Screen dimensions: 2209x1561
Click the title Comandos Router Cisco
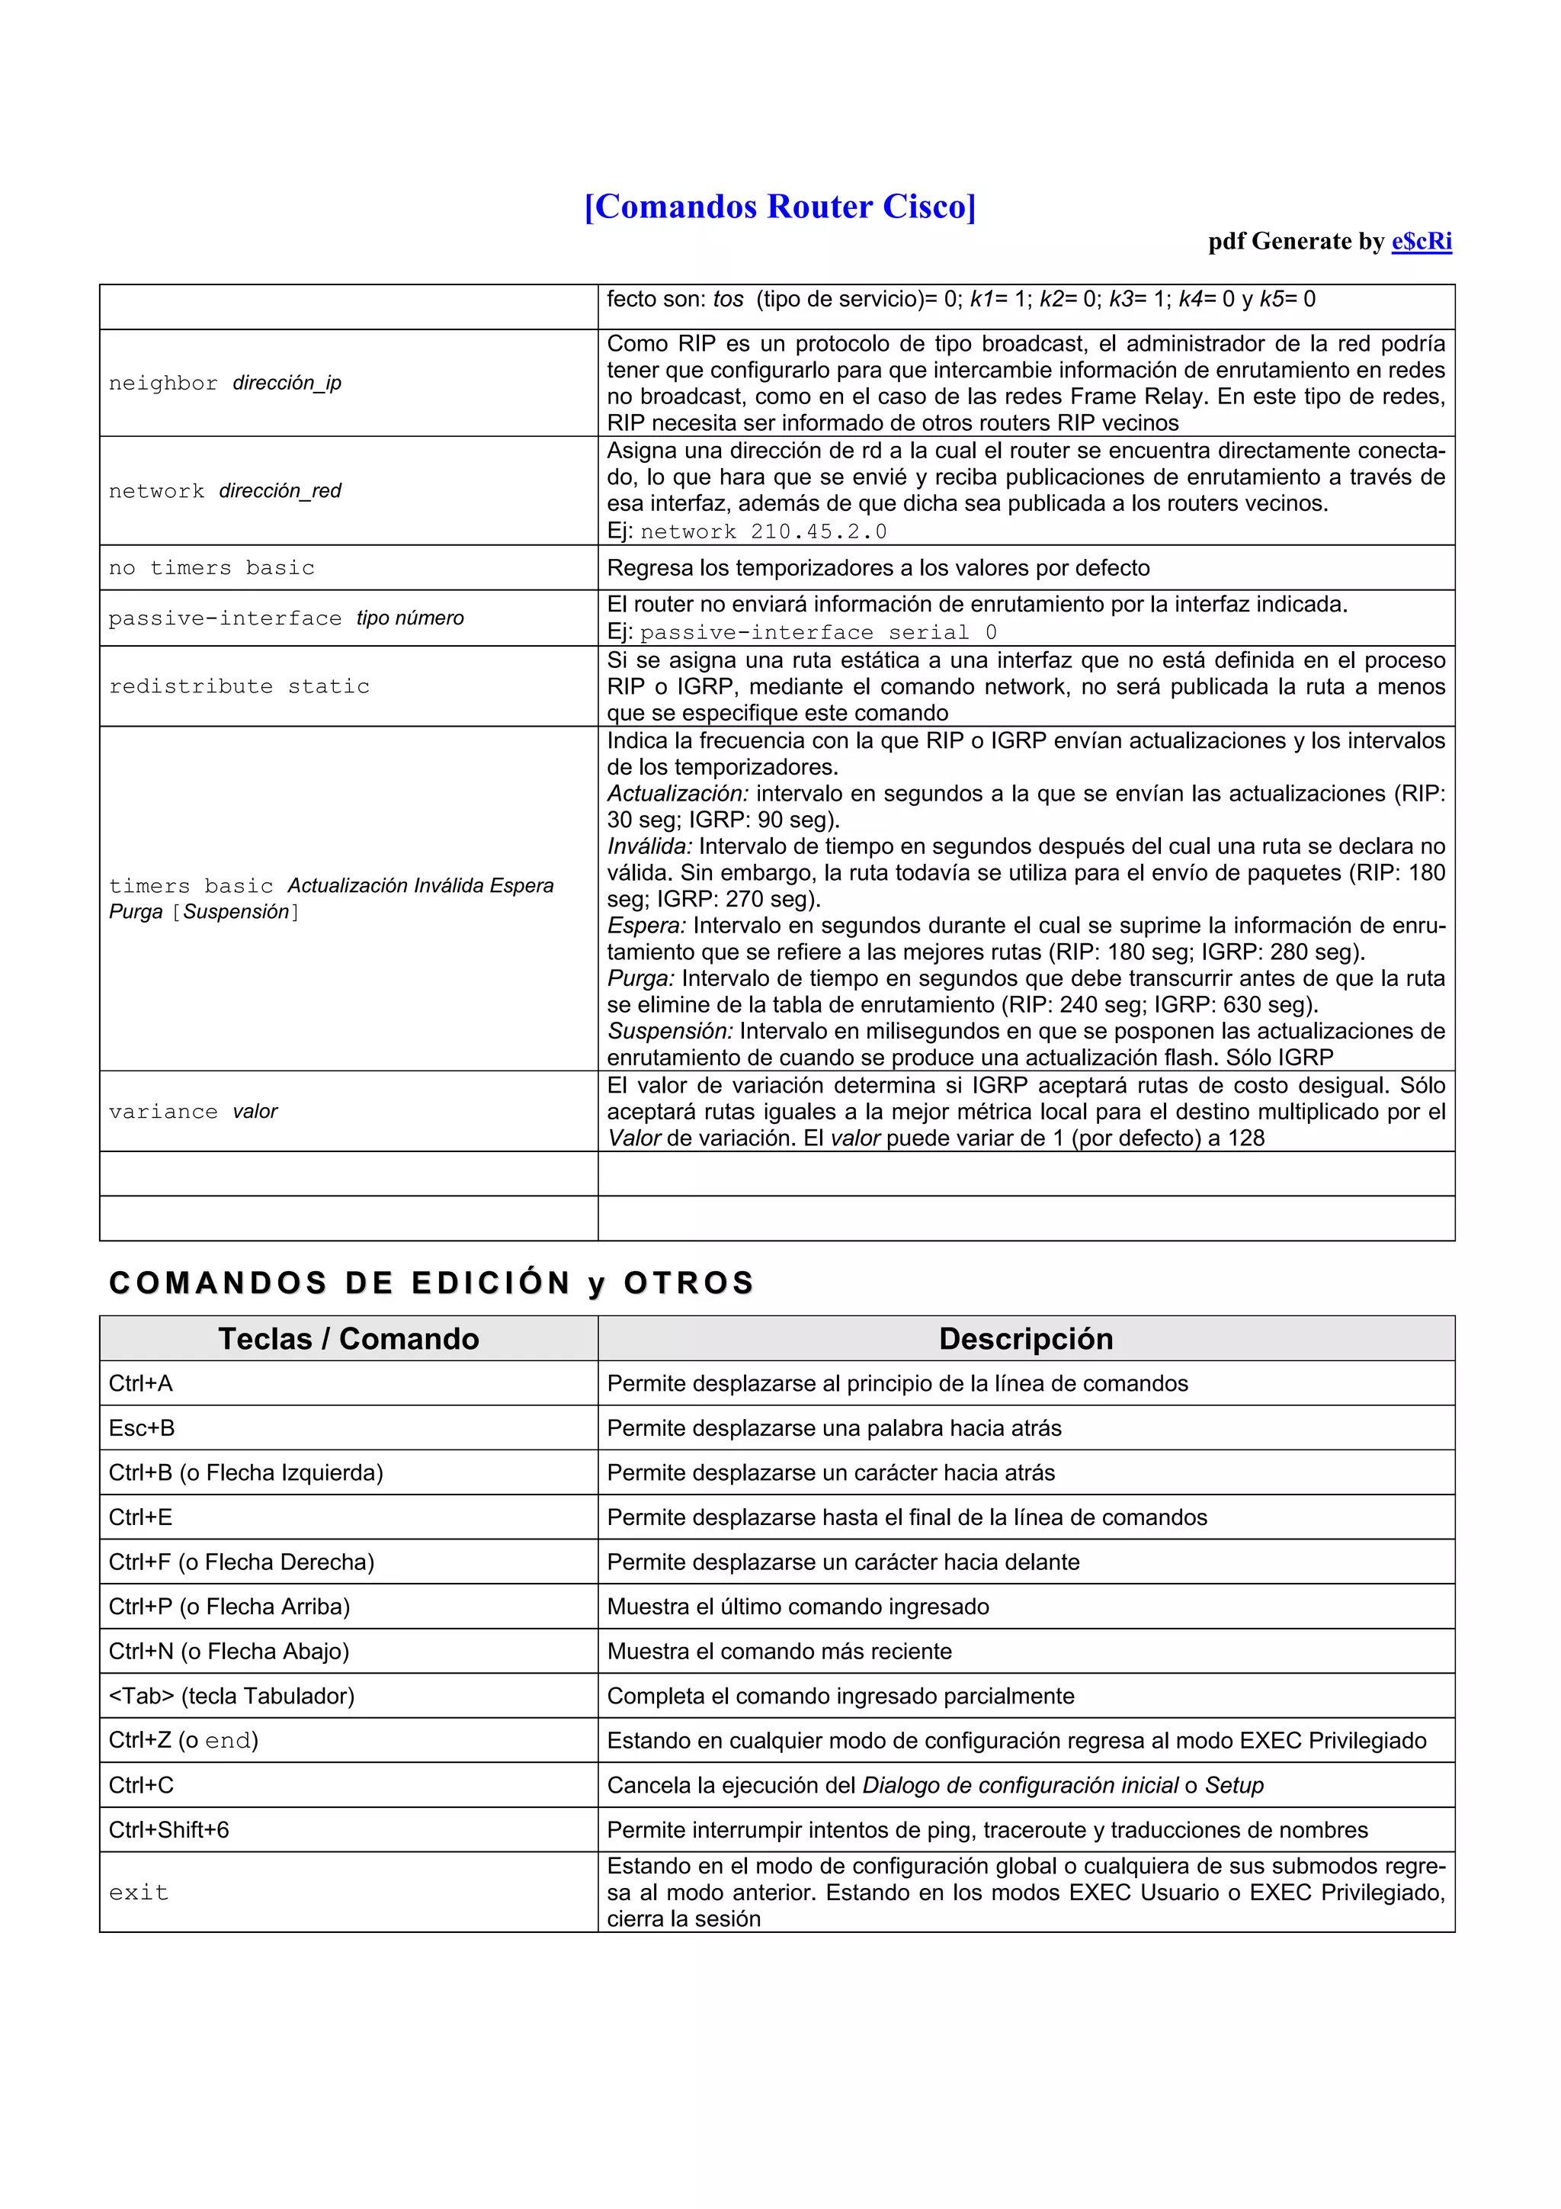coord(780,207)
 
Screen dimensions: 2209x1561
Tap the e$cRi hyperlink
coord(1421,242)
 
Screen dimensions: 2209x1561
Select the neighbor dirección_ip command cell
coord(225,383)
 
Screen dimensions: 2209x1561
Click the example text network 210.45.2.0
coord(764,531)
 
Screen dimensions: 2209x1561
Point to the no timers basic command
coord(212,567)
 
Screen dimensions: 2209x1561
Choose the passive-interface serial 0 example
coord(819,632)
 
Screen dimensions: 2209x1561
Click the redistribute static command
coord(239,686)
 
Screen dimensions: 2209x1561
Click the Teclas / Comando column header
coord(348,1338)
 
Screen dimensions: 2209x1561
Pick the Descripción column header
coord(1025,1338)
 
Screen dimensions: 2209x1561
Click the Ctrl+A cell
coord(140,1383)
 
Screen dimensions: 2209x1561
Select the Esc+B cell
coord(141,1427)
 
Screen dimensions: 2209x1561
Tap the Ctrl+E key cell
coord(140,1517)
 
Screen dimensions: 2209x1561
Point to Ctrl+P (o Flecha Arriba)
coord(229,1607)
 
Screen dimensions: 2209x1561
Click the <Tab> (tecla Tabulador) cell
coord(231,1696)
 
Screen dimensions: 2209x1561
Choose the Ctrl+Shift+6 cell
coord(168,1830)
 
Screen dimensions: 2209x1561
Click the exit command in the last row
coord(139,1893)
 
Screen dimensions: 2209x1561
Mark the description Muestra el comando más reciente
coord(779,1652)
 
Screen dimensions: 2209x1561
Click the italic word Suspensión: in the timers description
coord(669,1032)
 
